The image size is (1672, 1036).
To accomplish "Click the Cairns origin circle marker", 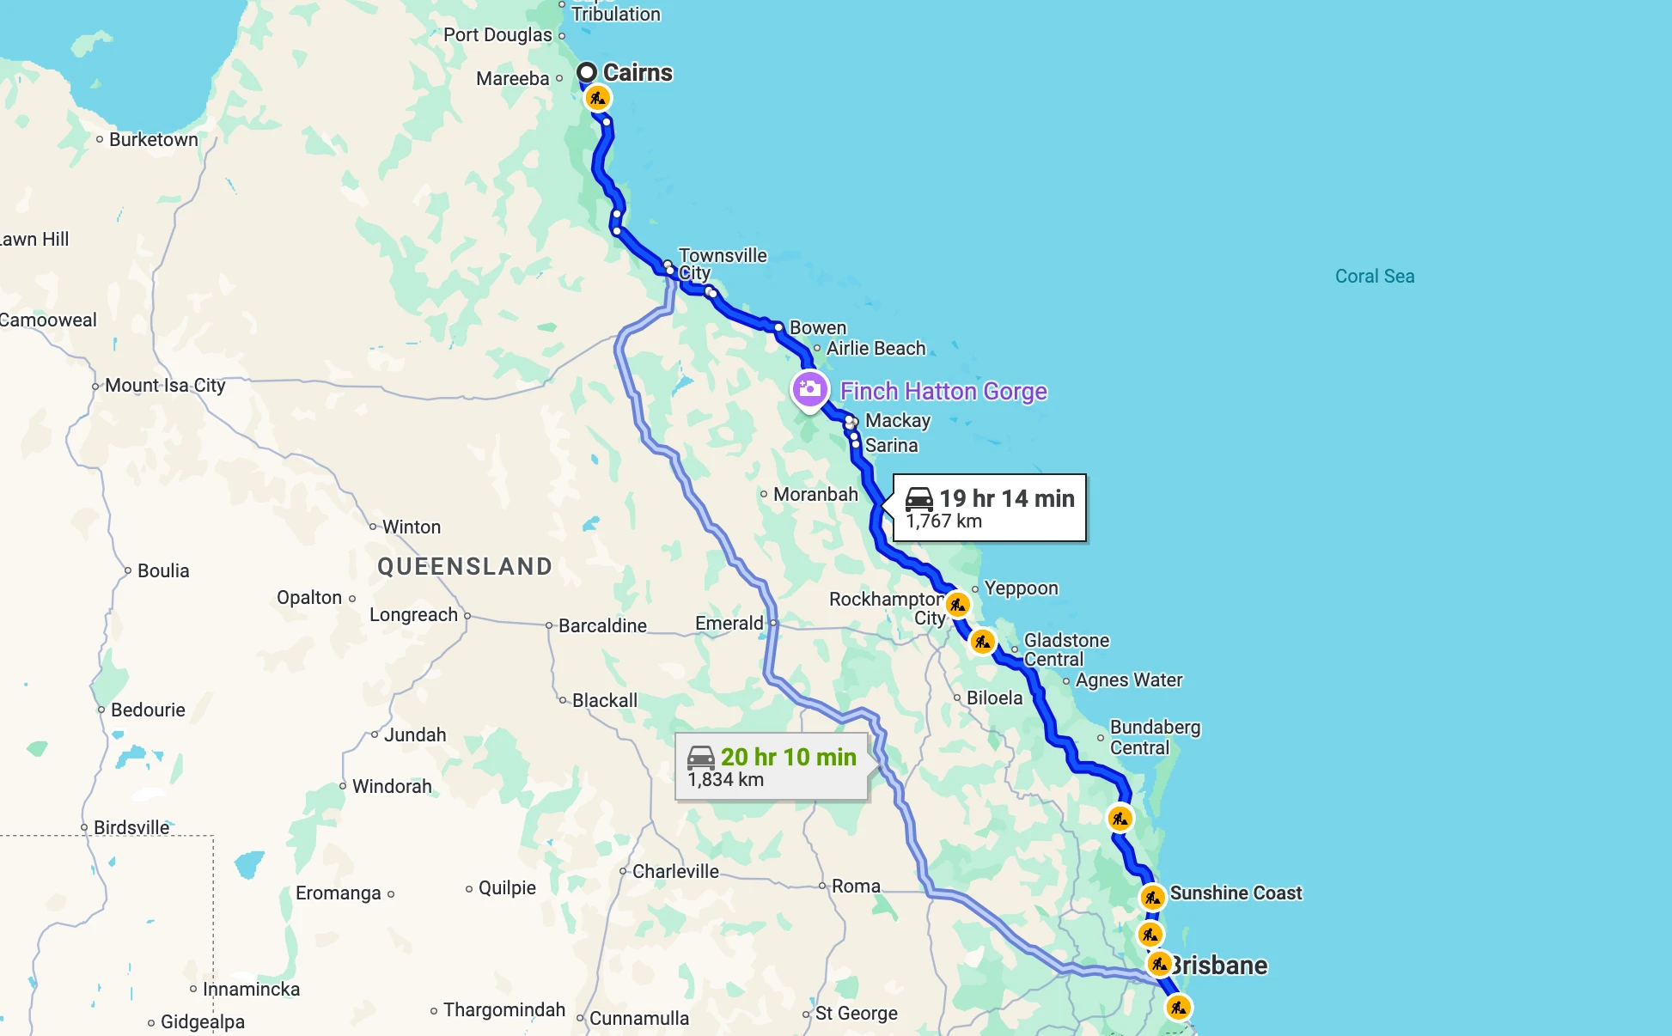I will [x=587, y=72].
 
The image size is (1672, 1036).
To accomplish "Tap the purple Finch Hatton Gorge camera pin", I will [x=809, y=390].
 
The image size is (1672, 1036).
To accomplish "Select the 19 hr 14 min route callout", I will [x=990, y=508].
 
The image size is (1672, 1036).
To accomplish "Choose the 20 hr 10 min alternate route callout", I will [x=772, y=766].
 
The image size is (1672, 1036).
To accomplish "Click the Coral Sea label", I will [x=1374, y=276].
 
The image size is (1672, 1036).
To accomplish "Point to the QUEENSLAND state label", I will [x=465, y=566].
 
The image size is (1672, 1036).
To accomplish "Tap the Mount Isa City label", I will [x=165, y=385].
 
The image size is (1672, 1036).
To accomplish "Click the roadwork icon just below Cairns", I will [x=597, y=98].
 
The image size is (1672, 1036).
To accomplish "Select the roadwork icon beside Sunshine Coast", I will [x=1152, y=897].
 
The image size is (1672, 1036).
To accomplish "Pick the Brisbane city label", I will [x=1220, y=965].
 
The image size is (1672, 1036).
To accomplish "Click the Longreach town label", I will [x=413, y=614].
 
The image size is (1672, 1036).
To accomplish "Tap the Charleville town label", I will [x=675, y=871].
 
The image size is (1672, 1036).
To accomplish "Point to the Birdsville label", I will [x=131, y=827].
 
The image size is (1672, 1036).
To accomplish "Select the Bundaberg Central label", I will [x=1154, y=737].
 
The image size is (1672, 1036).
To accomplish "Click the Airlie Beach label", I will [x=876, y=348].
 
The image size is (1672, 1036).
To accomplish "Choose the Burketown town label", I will [x=153, y=139].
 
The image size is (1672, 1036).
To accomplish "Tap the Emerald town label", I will [x=729, y=623].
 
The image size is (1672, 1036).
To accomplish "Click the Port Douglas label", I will [x=497, y=34].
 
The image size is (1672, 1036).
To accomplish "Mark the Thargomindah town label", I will [x=504, y=1009].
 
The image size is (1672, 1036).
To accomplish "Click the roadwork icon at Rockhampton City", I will [x=957, y=605].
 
